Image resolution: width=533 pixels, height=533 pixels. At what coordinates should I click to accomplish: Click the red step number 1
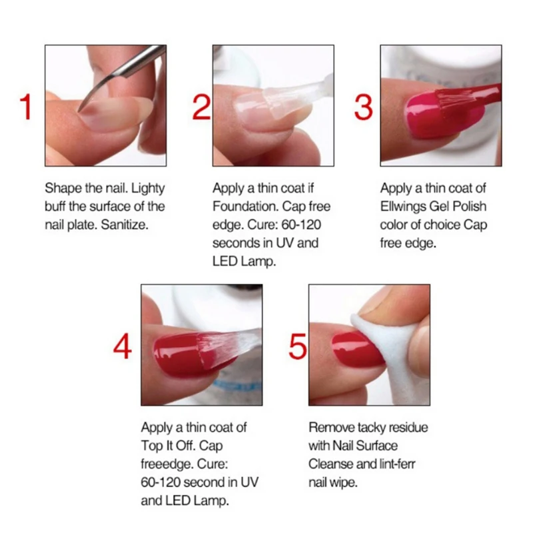[x=27, y=107]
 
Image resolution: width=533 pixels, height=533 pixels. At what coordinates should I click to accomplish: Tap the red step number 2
[x=202, y=107]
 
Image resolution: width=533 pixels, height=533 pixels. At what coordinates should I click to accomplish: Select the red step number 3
[x=363, y=107]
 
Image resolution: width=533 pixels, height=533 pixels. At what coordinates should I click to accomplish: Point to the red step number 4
[x=123, y=346]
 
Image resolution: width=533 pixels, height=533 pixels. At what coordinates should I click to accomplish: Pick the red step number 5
[x=297, y=346]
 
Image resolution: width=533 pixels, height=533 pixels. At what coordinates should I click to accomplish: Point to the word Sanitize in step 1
[x=125, y=225]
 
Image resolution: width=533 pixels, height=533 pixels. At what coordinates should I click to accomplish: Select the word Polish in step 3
[x=470, y=207]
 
